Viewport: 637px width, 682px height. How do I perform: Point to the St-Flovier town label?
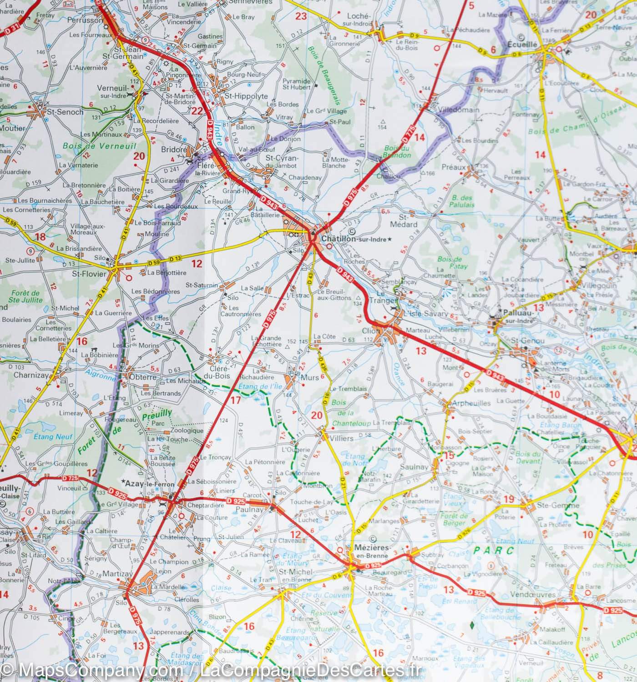point(89,274)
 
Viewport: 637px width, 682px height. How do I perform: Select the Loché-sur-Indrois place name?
point(359,19)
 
